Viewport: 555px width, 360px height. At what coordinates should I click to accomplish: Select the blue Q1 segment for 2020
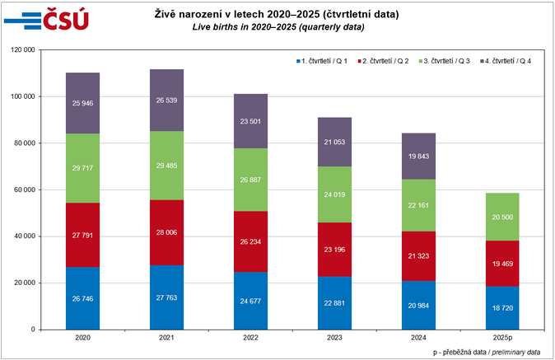(x=82, y=297)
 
